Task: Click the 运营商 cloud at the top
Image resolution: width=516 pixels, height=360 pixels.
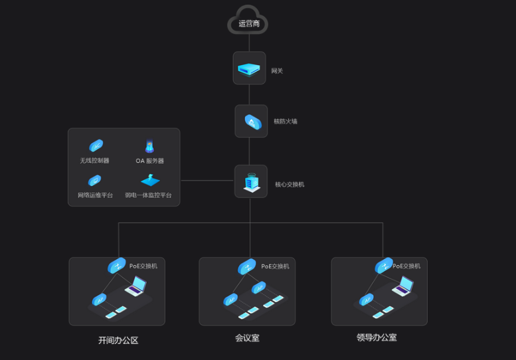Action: tap(249, 21)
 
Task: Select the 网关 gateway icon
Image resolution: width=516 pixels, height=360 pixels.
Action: tap(249, 68)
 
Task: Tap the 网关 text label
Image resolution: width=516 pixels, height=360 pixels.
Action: tap(277, 71)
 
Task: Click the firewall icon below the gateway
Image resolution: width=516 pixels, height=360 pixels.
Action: tap(251, 121)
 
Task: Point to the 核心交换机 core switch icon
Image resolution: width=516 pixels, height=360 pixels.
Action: tap(251, 181)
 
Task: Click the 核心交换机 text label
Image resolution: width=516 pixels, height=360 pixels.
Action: tap(290, 184)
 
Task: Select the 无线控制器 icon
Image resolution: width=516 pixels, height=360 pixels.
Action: tap(96, 146)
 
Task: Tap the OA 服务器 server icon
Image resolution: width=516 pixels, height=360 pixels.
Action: tap(149, 146)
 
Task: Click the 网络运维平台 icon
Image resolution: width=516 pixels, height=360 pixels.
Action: tap(95, 180)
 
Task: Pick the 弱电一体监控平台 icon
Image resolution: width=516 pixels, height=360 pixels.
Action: tap(149, 180)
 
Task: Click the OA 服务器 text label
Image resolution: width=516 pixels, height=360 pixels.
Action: tap(149, 161)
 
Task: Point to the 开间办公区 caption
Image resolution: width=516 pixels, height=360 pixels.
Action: tap(118, 340)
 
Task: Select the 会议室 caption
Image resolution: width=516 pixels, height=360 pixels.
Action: tap(247, 337)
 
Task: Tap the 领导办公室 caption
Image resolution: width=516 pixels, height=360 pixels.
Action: tap(377, 337)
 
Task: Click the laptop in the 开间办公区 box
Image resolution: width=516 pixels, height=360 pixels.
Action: tap(136, 286)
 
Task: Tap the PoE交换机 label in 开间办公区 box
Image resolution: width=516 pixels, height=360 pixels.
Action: tap(143, 266)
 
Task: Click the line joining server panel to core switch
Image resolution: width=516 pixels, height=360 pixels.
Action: tap(207, 180)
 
